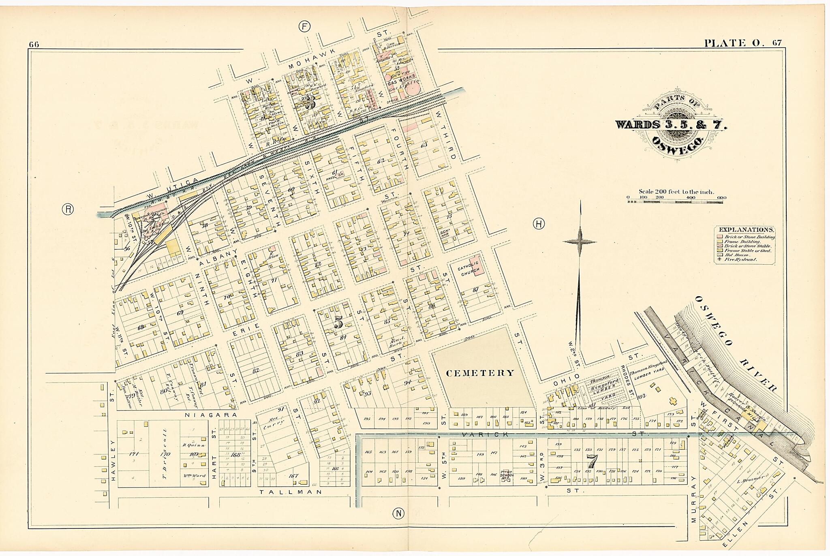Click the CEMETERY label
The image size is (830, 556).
(x=480, y=373)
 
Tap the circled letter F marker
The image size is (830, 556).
(x=304, y=27)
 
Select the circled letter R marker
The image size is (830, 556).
(x=68, y=209)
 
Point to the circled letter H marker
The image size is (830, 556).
(x=539, y=224)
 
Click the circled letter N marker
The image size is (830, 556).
(x=398, y=514)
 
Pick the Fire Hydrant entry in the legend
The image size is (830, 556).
(x=741, y=259)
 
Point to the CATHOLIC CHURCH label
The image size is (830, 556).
(x=468, y=267)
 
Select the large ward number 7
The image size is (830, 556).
(x=592, y=461)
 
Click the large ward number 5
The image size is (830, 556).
(x=338, y=323)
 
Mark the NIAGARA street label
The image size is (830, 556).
(x=205, y=415)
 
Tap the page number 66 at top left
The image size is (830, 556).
(x=34, y=45)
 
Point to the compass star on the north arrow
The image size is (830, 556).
(x=580, y=242)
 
